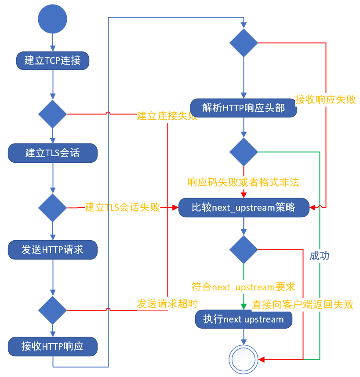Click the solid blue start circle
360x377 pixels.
click(53, 19)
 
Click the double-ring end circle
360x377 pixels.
click(244, 359)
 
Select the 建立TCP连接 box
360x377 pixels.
click(53, 60)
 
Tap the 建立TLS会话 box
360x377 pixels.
click(53, 153)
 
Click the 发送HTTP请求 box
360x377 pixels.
click(53, 250)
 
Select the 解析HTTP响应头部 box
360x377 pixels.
click(244, 108)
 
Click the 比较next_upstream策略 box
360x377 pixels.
click(244, 207)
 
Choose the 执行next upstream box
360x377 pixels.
click(244, 319)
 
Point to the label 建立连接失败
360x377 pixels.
click(167, 116)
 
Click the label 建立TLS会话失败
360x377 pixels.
click(123, 207)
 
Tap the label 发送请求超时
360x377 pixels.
click(167, 304)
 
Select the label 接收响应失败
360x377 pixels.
click(326, 99)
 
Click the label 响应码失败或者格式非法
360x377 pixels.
click(244, 182)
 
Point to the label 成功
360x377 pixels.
click(320, 256)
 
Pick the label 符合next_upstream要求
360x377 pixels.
click(244, 287)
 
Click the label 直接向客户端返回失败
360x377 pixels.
click(303, 304)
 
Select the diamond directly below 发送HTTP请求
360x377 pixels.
click(53, 310)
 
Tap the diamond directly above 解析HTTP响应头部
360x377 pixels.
click(244, 43)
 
